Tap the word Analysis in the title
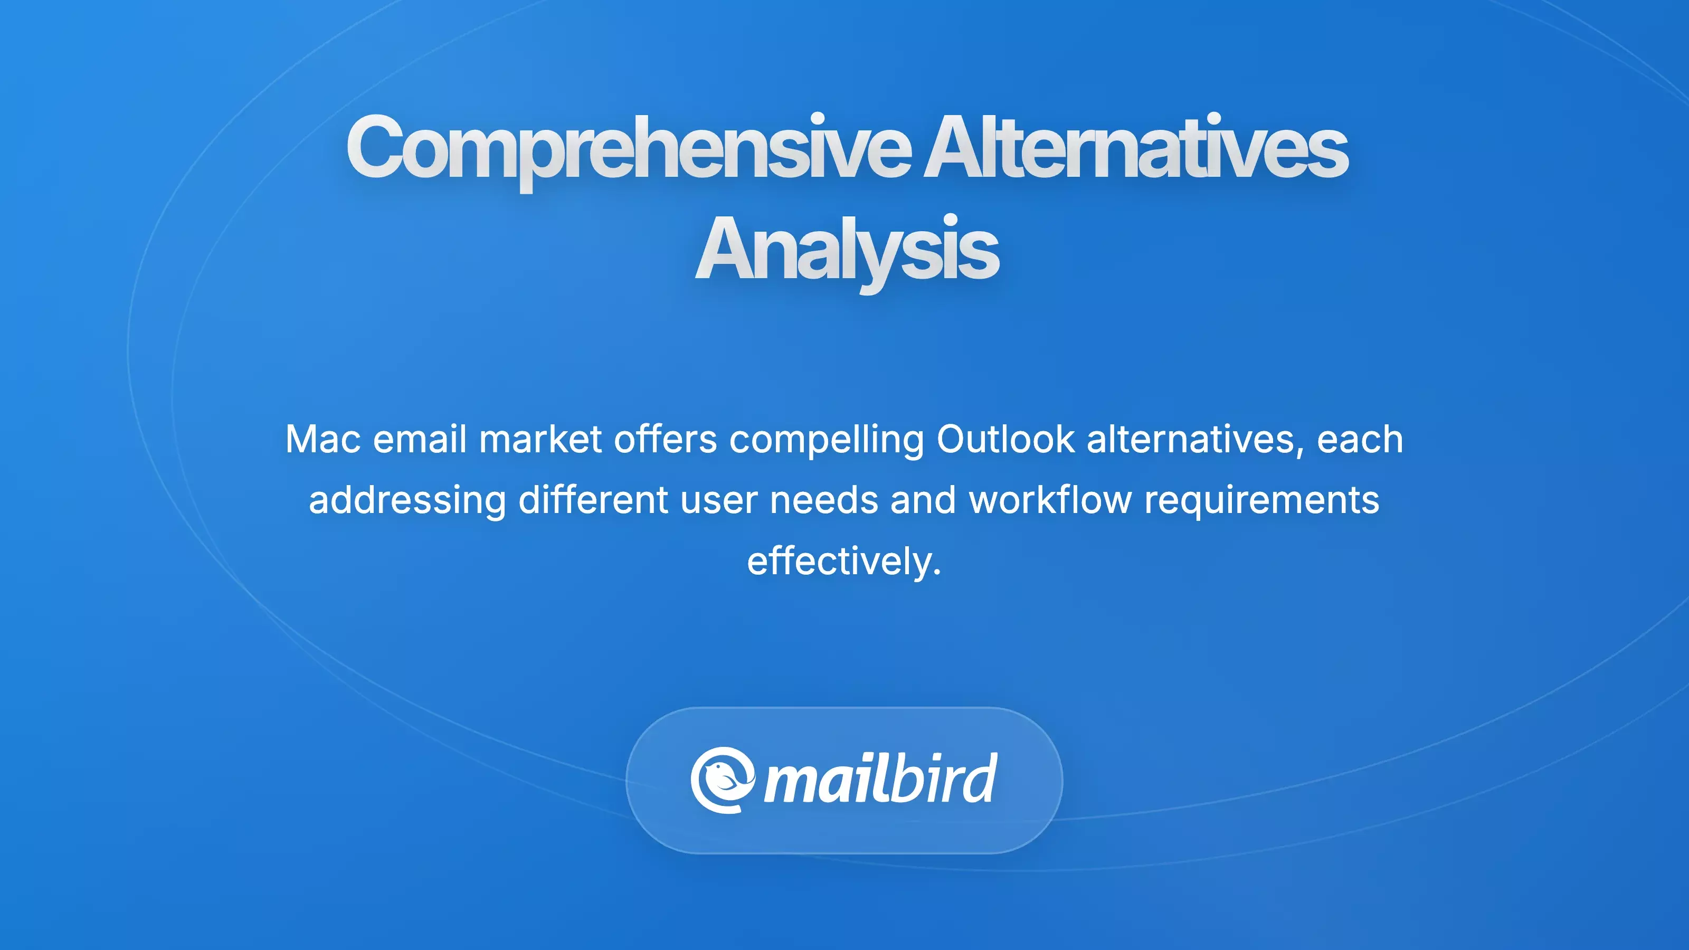(x=846, y=249)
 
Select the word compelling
(x=826, y=441)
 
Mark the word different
(x=593, y=500)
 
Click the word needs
(x=823, y=500)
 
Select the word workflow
(x=1050, y=500)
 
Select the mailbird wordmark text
(x=880, y=778)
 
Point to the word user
(x=718, y=500)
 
